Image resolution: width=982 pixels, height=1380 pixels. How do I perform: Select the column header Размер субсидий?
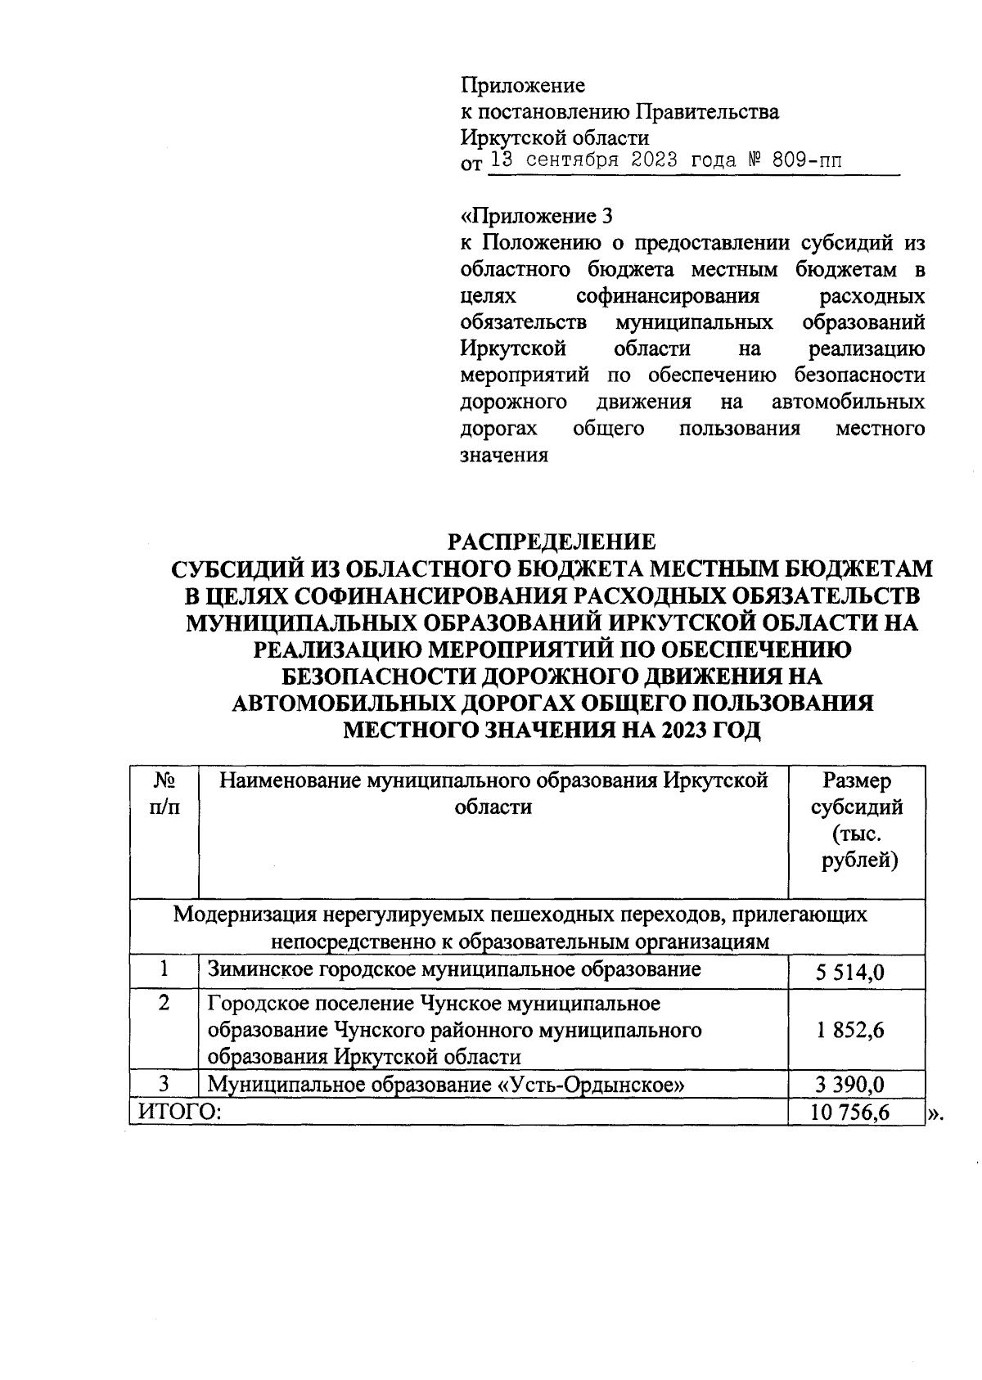[x=856, y=794]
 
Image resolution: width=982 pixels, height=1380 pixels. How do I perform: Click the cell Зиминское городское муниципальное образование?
[x=454, y=970]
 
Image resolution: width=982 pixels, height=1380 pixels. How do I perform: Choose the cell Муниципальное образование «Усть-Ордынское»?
[x=446, y=1086]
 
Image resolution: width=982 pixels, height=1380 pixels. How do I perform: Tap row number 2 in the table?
[x=164, y=1003]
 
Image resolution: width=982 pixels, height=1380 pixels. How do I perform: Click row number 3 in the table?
[x=164, y=1085]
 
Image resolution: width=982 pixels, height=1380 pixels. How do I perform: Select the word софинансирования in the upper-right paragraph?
[x=668, y=296]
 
